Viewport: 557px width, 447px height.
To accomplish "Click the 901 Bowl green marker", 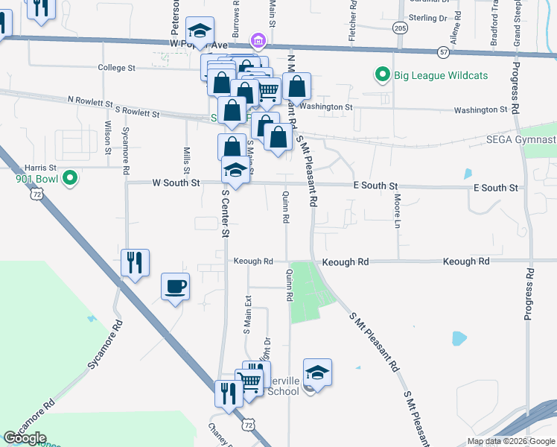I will [x=70, y=178].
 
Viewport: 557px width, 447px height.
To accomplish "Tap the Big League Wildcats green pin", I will [x=383, y=74].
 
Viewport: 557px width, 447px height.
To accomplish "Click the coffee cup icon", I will [x=175, y=287].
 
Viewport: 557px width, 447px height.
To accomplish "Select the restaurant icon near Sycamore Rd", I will [x=135, y=263].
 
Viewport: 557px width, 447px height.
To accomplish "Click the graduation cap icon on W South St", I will [x=235, y=171].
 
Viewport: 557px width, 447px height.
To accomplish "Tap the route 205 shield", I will [x=400, y=28].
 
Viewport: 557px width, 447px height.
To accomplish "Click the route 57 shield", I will [x=444, y=52].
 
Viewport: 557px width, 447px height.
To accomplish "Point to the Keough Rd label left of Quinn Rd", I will [x=253, y=261].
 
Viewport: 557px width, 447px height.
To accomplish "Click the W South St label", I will [x=176, y=183].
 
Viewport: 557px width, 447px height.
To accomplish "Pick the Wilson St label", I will [x=108, y=137].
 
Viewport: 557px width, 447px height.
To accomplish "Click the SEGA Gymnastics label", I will [x=521, y=139].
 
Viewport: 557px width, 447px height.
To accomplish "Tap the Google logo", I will [x=25, y=438].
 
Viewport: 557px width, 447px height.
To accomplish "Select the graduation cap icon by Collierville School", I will [x=317, y=372].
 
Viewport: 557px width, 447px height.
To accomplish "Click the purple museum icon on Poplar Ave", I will [x=258, y=39].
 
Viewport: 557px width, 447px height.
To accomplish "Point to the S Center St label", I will [x=224, y=212].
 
